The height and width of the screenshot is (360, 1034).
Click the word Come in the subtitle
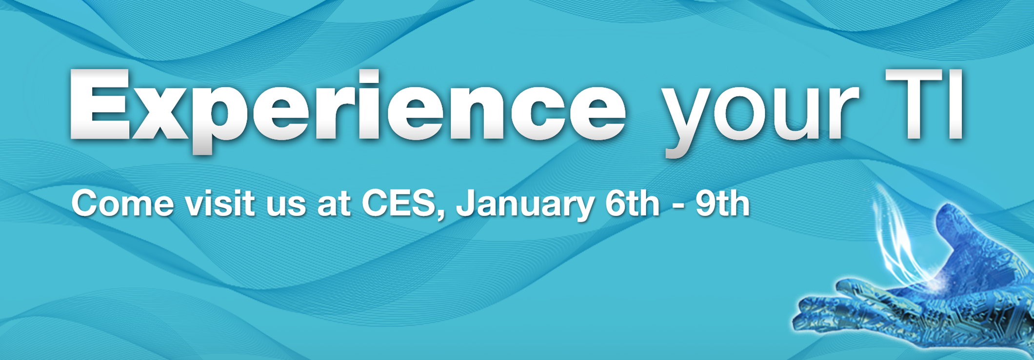122,203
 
